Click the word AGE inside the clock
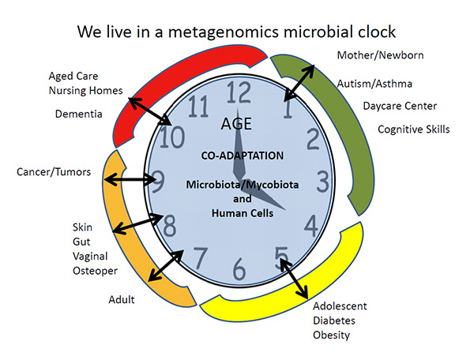(237, 125)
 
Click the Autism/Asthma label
(374, 83)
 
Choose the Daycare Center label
(400, 106)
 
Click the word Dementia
(79, 114)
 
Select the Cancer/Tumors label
(54, 171)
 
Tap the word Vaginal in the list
(90, 257)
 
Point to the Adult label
(122, 299)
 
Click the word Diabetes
(334, 321)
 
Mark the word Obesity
(331, 335)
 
